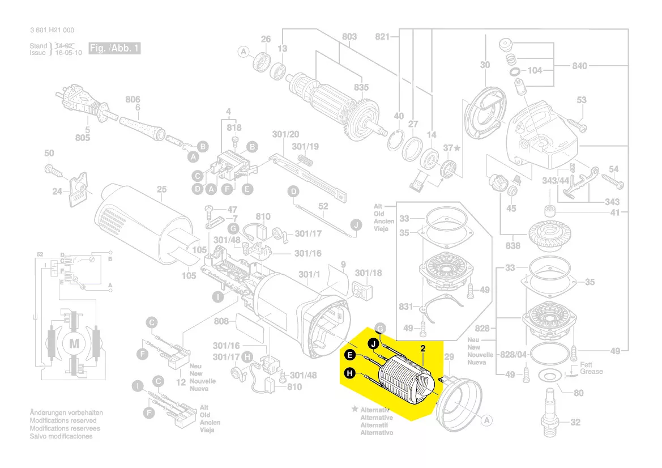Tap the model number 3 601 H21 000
click(52, 31)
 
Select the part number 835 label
click(361, 87)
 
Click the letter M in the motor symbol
click(74, 343)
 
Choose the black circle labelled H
click(349, 373)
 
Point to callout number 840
click(579, 66)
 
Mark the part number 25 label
click(162, 189)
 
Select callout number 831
click(406, 306)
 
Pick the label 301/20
click(285, 134)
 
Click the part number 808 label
click(221, 322)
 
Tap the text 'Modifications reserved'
click(63, 421)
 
